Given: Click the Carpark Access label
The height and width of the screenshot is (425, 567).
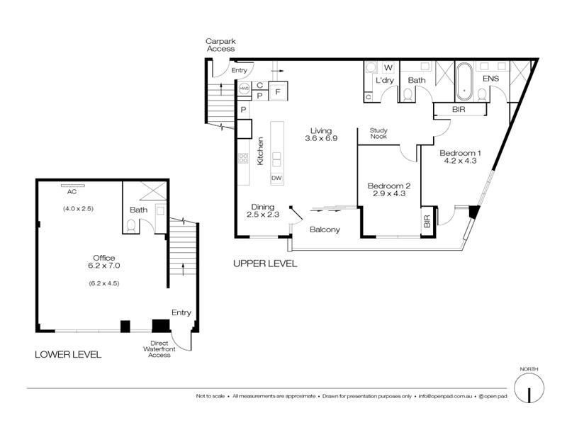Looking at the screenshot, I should tap(220, 45).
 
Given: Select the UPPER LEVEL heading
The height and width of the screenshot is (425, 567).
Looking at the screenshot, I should tap(264, 263).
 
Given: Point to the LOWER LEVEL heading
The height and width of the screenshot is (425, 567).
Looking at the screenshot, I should tap(68, 354).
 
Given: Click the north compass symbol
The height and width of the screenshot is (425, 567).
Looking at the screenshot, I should tap(528, 388).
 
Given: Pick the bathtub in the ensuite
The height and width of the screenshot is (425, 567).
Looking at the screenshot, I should tap(465, 80).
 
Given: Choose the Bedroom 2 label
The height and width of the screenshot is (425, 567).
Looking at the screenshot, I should tap(388, 186).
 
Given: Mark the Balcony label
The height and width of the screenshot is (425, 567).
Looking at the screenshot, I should tap(325, 229).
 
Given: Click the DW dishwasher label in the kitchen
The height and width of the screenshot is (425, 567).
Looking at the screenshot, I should tap(276, 178).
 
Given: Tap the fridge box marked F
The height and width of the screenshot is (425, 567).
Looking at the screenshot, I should tap(278, 91).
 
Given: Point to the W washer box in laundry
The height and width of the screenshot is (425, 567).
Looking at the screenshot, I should tap(388, 68).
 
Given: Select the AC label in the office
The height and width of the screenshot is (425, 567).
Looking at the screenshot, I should tap(71, 191).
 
